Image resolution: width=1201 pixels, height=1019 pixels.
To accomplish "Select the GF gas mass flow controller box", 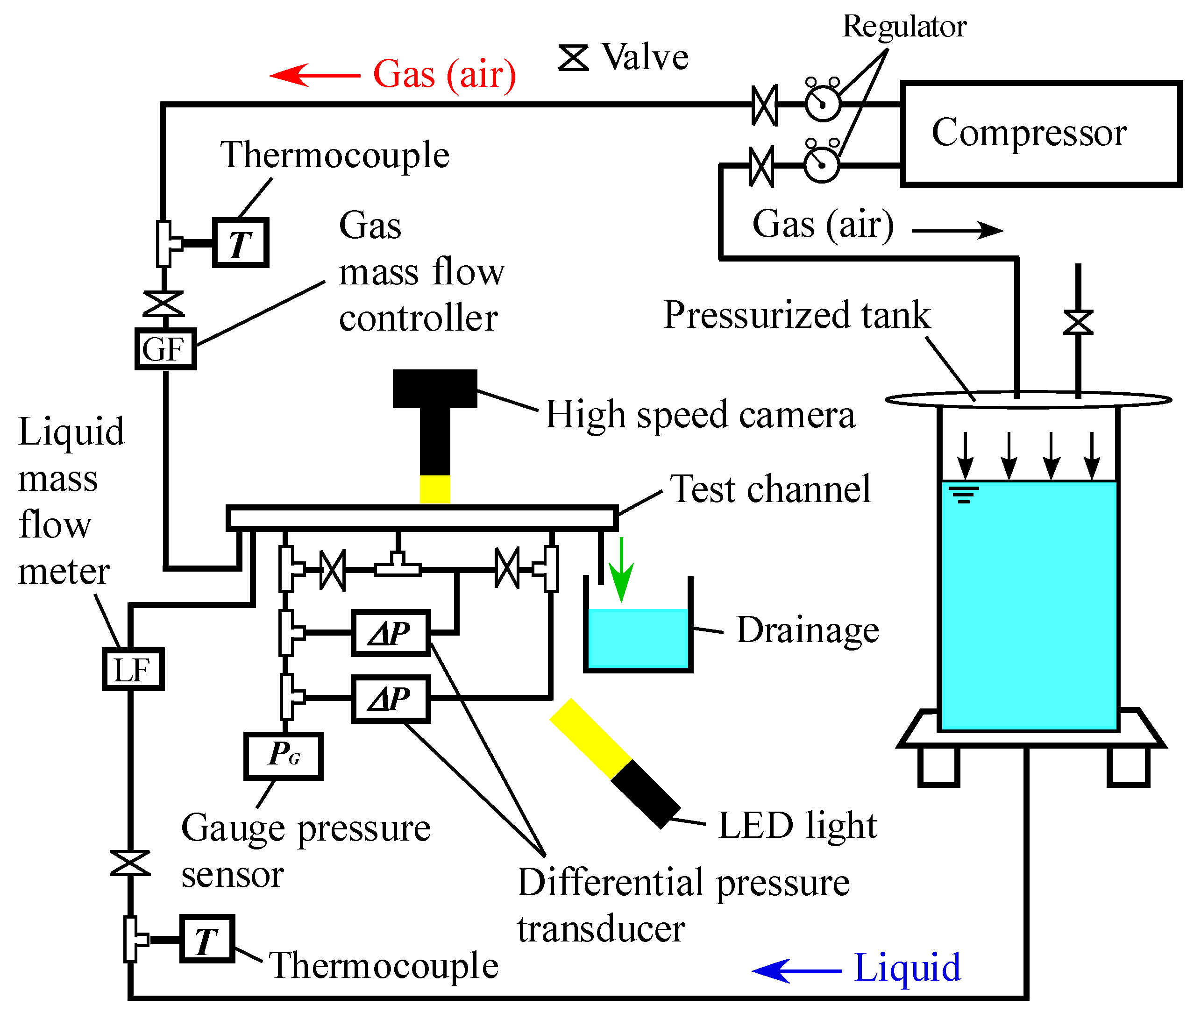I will coord(165,349).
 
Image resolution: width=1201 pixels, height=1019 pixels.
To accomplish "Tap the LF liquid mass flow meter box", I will coord(133,669).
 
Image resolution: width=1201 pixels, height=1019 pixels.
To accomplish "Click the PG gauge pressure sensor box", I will coord(283,756).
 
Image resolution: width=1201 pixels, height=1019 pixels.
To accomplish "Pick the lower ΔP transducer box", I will coord(391,698).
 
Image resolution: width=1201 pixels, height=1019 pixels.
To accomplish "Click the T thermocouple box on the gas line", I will coord(240,243).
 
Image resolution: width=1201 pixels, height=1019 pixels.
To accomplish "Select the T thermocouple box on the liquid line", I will coord(207,939).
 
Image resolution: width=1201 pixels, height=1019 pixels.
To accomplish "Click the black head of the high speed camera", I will coord(434,389).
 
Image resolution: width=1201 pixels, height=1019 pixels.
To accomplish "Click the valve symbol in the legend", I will coord(573,58).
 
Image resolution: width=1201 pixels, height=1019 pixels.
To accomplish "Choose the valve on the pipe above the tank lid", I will coord(1078,322).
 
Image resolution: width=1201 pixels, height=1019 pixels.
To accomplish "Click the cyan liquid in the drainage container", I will coord(638,638).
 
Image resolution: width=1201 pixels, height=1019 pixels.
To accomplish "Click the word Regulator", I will coord(904,27).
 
